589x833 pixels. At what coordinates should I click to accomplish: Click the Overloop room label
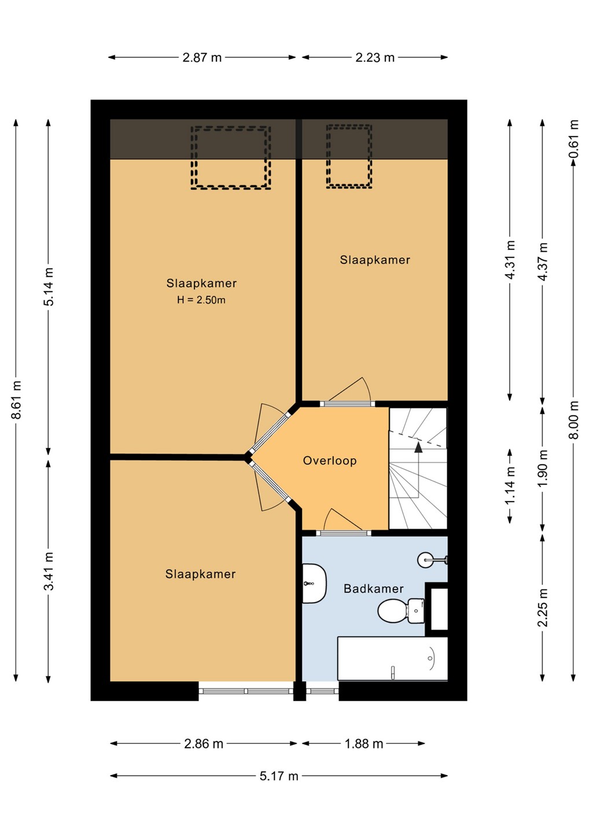tap(329, 460)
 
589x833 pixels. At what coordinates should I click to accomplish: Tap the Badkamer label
tap(373, 589)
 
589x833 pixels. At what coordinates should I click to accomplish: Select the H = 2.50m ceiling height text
tap(201, 300)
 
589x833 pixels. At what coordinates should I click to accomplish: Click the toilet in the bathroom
tap(401, 610)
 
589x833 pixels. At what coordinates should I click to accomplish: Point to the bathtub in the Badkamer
tap(392, 658)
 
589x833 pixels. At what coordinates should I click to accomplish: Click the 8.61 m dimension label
tap(17, 400)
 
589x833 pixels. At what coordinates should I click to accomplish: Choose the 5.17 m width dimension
tap(279, 776)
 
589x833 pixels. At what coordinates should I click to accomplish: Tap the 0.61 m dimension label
tap(574, 138)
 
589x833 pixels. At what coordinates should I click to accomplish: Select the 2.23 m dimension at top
tap(375, 58)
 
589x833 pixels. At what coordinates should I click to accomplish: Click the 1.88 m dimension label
tap(364, 743)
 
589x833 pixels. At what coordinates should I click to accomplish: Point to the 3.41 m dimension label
tap(49, 571)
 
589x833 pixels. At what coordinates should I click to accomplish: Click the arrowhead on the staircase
tap(419, 447)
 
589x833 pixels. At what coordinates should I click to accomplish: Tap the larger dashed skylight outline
tap(230, 158)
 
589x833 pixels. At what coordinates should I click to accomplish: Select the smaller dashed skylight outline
tap(349, 156)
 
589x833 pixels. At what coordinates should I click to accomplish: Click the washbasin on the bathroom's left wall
tap(314, 584)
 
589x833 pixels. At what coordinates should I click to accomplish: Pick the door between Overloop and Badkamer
tap(344, 533)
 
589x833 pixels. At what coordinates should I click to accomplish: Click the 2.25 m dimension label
tap(543, 607)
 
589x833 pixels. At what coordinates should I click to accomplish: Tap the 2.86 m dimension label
tap(204, 743)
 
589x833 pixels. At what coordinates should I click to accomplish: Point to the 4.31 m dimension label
tap(510, 260)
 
